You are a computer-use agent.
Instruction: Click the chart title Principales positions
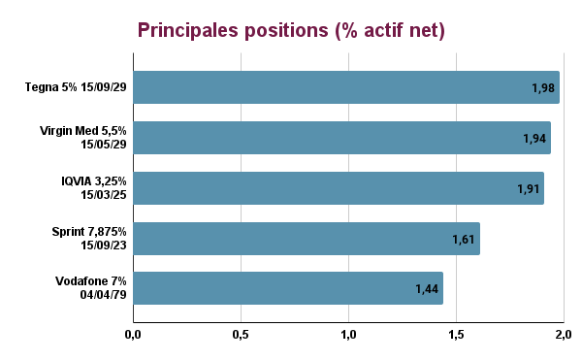[291, 30]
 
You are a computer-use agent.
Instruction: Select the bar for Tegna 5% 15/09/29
[346, 87]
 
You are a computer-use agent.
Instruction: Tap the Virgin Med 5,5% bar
[341, 138]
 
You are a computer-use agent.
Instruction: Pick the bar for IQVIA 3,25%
[339, 188]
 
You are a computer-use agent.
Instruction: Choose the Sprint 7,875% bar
[307, 239]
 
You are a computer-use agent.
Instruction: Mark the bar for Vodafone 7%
[288, 289]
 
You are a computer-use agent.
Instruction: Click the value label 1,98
[542, 88]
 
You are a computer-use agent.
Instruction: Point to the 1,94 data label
[534, 139]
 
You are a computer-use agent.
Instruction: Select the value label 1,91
[528, 188]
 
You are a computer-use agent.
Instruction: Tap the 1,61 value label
[464, 239]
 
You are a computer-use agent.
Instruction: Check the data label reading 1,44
[427, 289]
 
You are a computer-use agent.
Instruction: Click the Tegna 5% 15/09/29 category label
[77, 88]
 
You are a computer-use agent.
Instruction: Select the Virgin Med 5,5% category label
[83, 138]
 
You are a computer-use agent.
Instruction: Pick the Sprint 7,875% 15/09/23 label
[88, 239]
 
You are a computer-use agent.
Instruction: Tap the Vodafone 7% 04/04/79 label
[92, 289]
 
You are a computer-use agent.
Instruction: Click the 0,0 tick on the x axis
[133, 335]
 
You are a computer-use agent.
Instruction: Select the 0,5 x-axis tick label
[241, 335]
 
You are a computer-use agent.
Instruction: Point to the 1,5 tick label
[455, 335]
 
